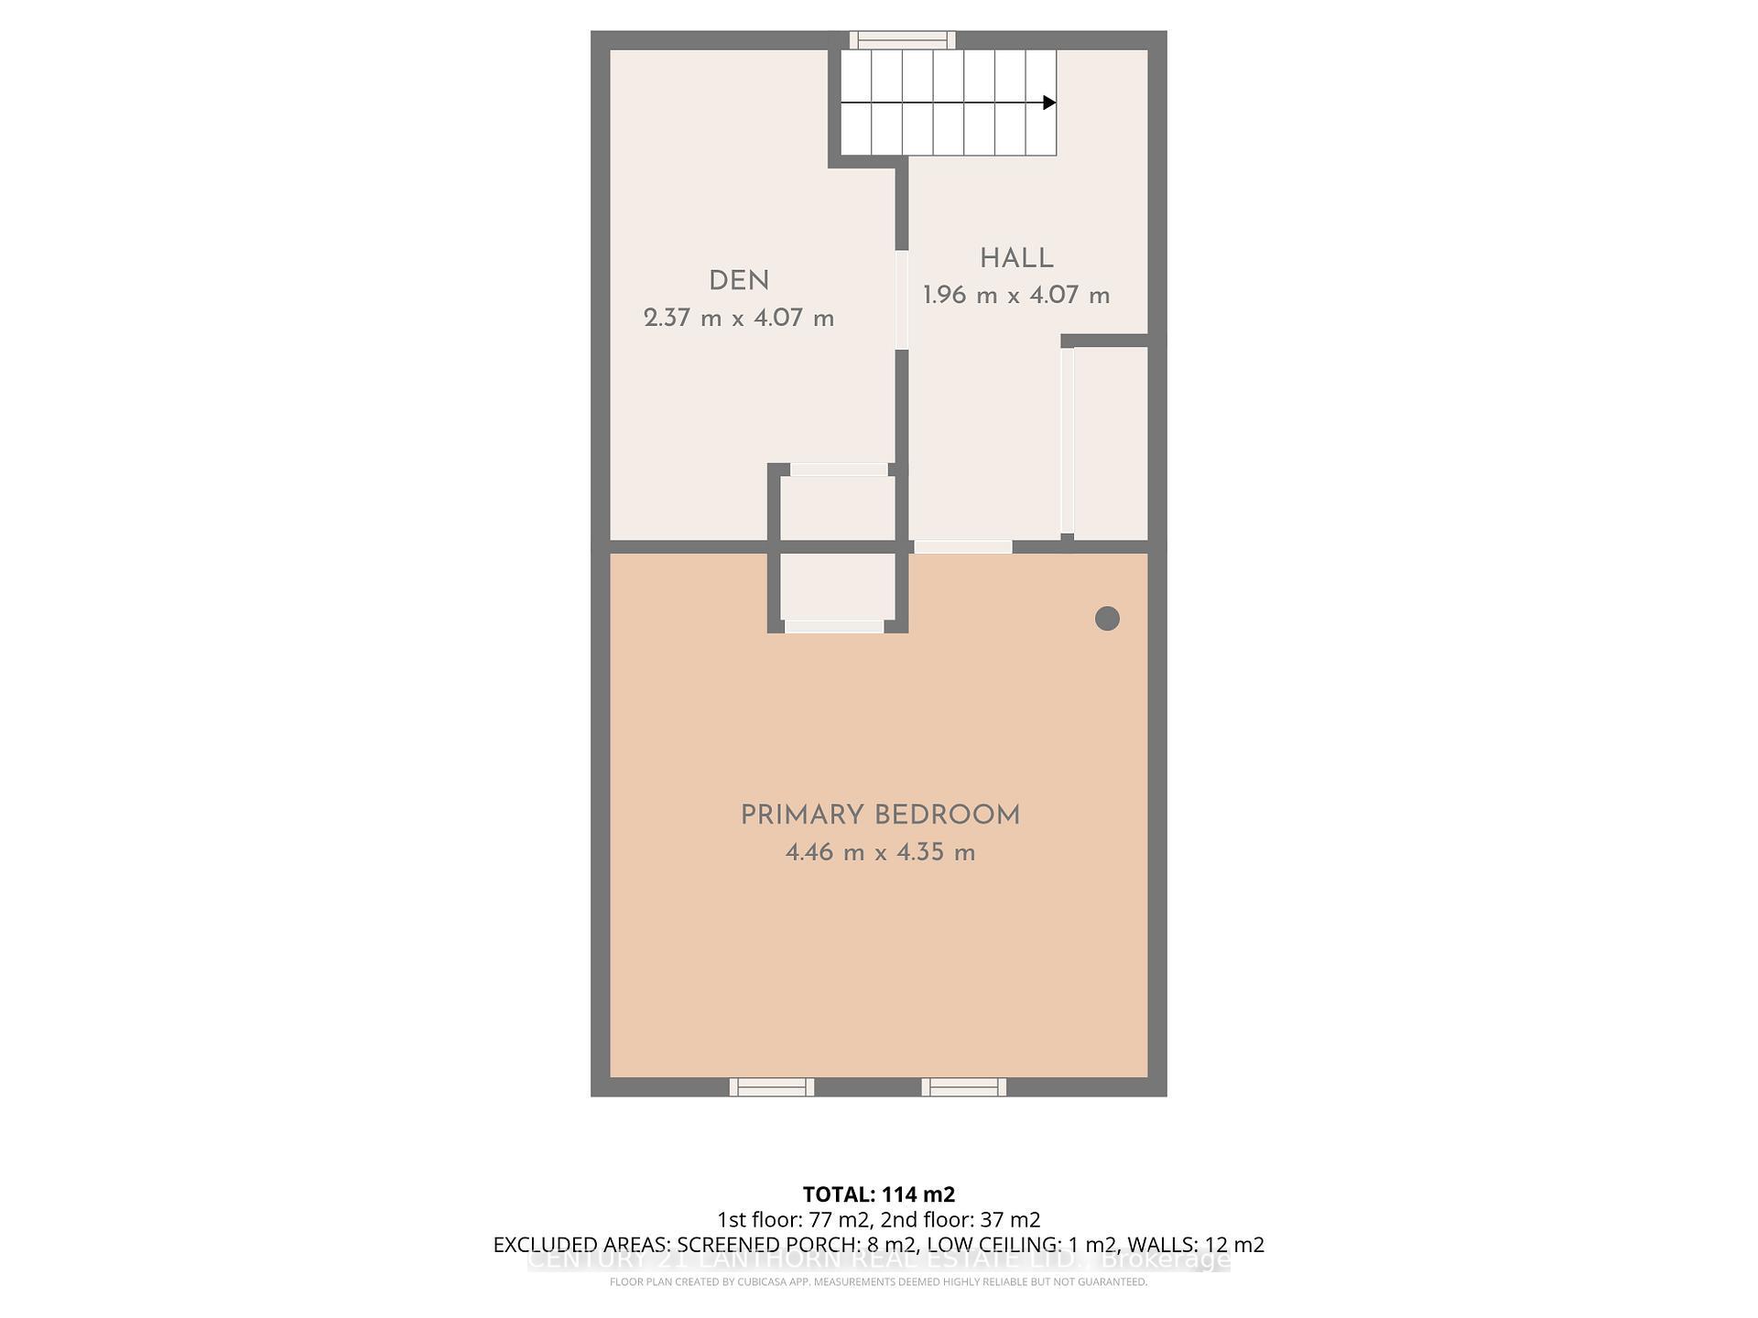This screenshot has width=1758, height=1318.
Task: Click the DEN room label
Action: (x=739, y=281)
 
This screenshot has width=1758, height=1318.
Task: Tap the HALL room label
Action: (x=1016, y=259)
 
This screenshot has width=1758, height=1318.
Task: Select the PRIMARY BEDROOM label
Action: (x=880, y=816)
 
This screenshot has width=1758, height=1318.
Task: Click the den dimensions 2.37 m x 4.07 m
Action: (x=739, y=319)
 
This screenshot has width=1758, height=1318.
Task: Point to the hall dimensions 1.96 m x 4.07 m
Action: (x=1016, y=296)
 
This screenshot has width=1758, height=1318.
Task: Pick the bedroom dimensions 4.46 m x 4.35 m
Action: (x=880, y=853)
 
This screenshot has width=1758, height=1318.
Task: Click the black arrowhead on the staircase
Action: (x=1049, y=103)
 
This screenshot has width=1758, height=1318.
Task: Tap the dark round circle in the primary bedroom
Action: (x=1107, y=619)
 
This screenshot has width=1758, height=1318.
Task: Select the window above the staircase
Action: (x=902, y=39)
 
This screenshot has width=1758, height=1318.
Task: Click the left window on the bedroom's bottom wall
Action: (x=771, y=1086)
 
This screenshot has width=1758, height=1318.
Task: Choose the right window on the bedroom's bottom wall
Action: (x=963, y=1086)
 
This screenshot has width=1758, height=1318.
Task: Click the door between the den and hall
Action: (x=902, y=299)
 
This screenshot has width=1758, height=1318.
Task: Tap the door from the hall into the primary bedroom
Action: (x=963, y=546)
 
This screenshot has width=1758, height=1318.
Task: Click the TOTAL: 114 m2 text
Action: (x=879, y=1194)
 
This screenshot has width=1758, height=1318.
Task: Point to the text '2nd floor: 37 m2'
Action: (x=960, y=1220)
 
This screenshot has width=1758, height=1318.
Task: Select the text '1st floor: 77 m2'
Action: (x=793, y=1220)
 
